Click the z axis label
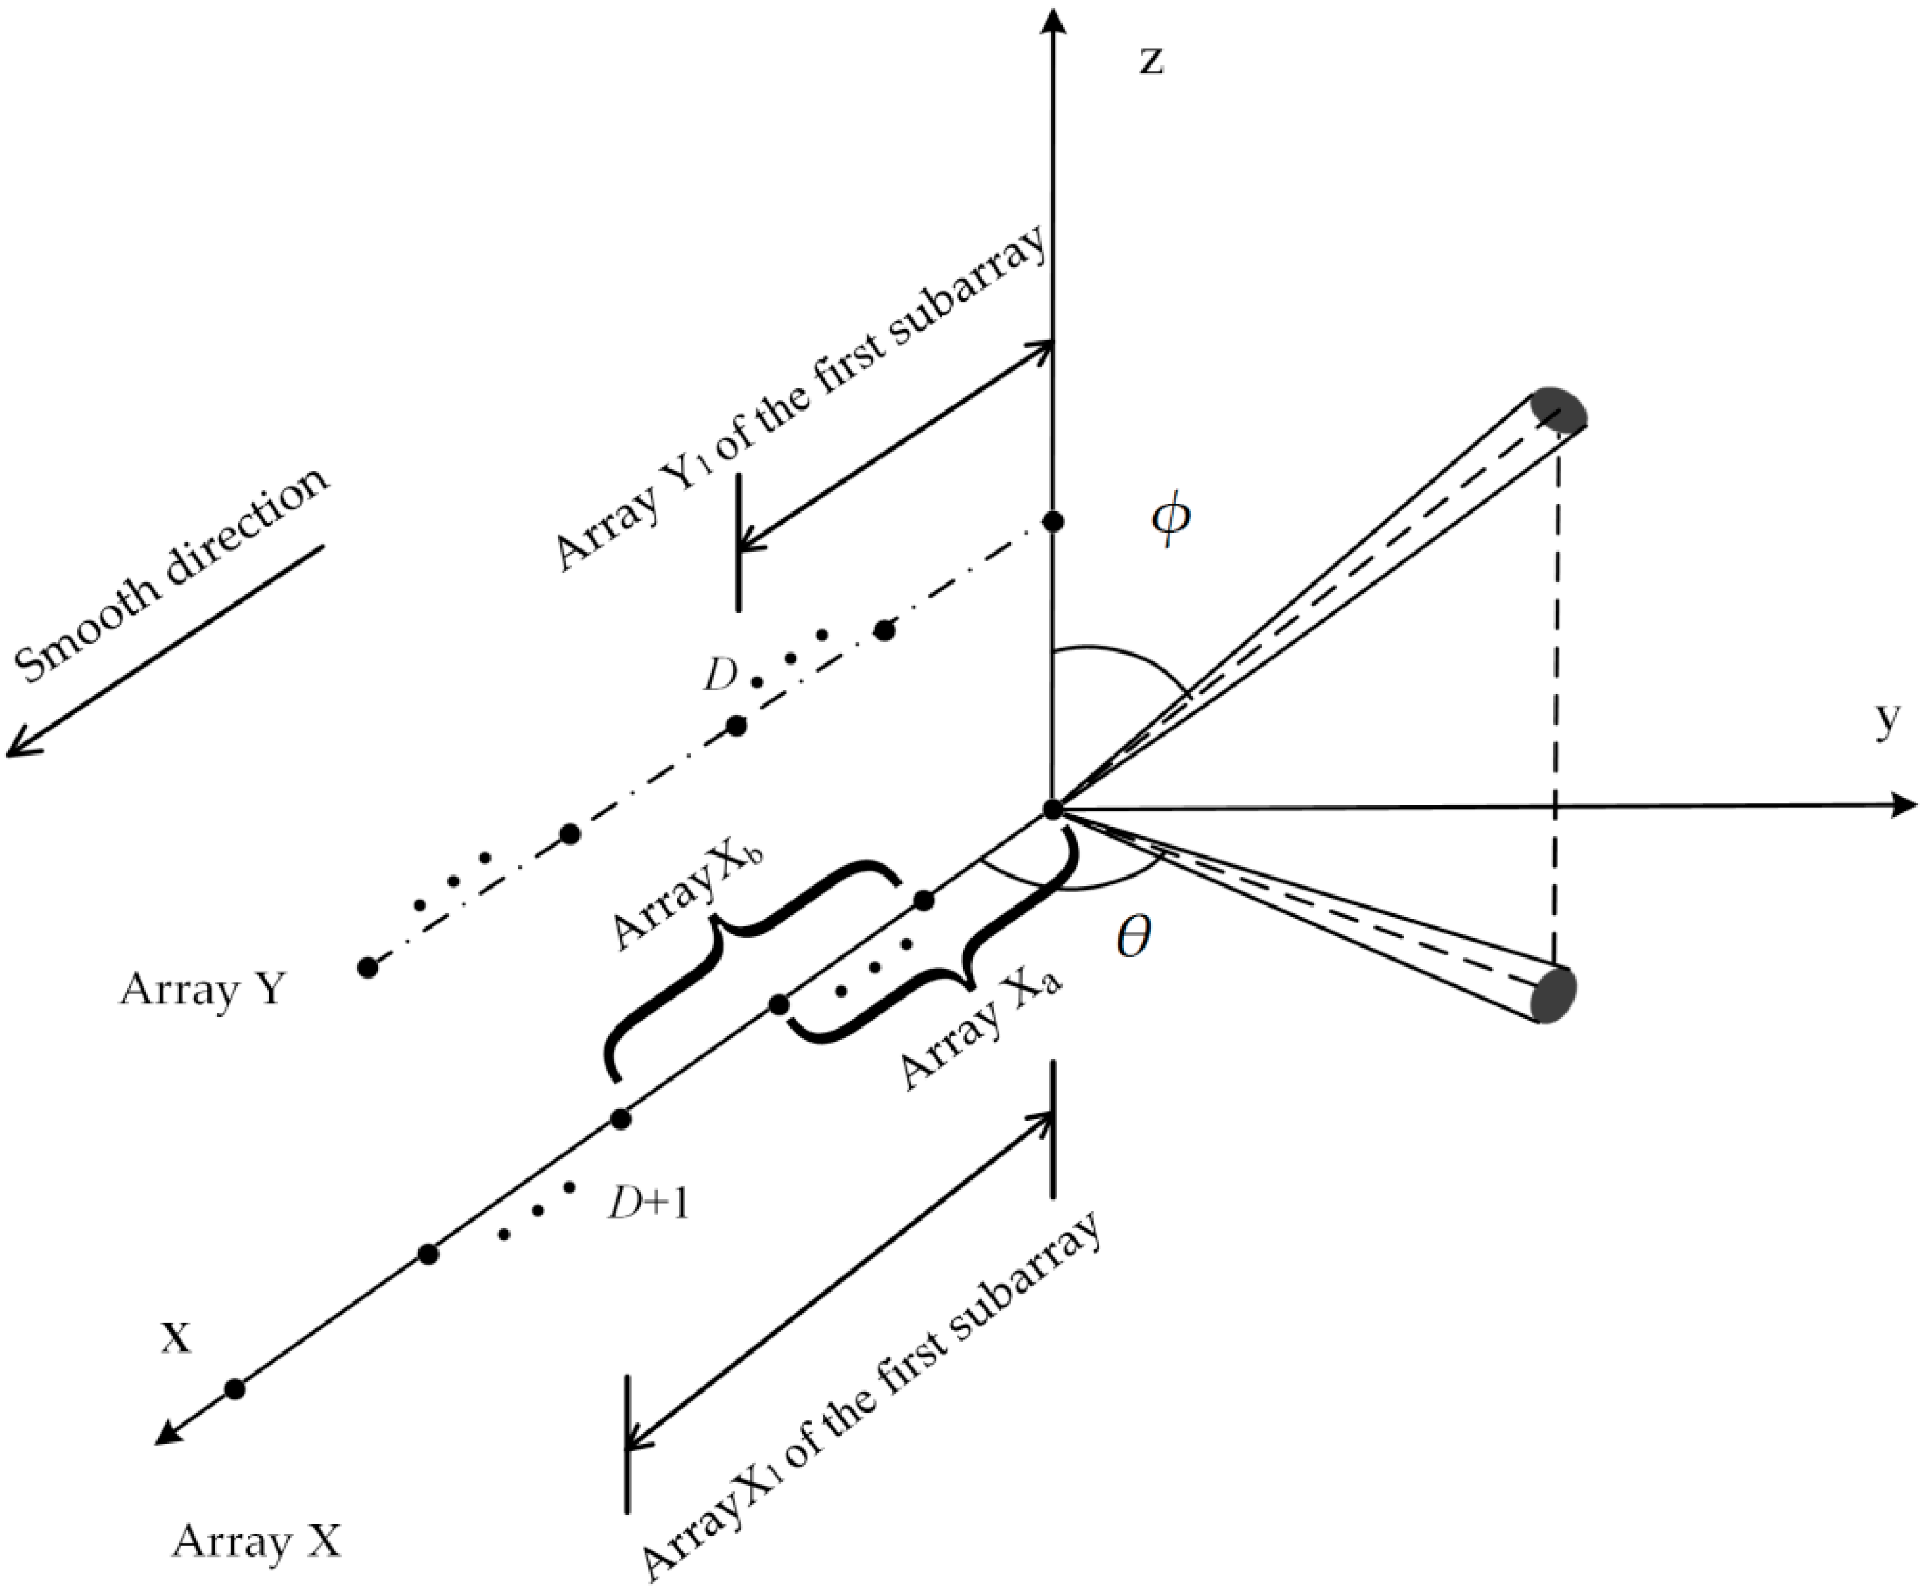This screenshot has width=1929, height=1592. point(1151,61)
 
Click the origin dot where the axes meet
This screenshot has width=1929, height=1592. point(1053,810)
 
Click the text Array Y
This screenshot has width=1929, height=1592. point(203,991)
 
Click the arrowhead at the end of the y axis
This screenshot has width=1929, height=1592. point(1909,805)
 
